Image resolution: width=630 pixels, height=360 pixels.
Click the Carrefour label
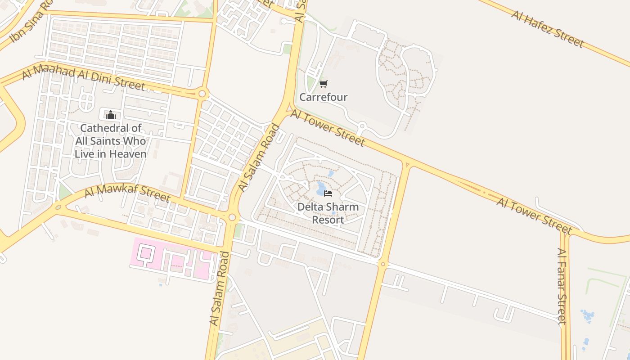pos(324,97)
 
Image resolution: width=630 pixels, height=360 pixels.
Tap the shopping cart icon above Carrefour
pos(323,84)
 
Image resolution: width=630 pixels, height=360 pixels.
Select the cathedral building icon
pos(110,115)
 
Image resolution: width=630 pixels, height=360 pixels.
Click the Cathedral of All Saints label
pos(110,141)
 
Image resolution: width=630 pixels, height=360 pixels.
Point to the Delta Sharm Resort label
pos(328,213)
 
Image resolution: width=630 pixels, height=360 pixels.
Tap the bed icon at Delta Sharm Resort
pos(328,193)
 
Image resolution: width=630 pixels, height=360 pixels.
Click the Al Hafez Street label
pos(547,29)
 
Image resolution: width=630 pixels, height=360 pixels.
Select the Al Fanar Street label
pos(561,286)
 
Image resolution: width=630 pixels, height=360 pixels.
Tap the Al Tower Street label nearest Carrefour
pos(328,128)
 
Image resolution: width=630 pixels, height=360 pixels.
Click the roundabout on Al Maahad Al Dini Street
pos(202,94)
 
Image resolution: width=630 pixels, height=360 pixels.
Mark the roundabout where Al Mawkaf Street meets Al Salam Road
pos(232,217)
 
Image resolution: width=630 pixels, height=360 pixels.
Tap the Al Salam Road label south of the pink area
pos(219,288)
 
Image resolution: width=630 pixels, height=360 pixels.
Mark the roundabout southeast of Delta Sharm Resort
pos(383,264)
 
